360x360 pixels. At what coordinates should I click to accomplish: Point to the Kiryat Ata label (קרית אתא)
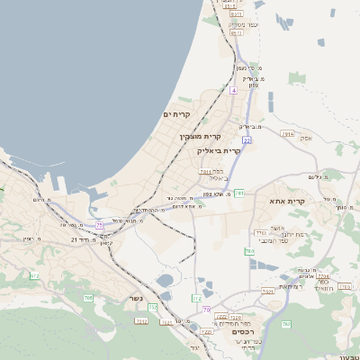(288, 201)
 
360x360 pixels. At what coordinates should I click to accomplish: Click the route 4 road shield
(233, 91)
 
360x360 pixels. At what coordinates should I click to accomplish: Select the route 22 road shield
(246, 140)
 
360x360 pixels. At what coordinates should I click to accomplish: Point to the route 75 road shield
(100, 225)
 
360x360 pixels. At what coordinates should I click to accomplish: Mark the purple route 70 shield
(206, 310)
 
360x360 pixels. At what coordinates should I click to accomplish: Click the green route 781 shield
(239, 193)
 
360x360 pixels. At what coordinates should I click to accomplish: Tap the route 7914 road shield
(287, 133)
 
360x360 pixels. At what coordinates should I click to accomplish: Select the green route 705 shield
(88, 297)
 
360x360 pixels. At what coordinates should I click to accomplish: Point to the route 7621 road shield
(267, 292)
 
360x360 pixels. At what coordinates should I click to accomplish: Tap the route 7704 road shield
(321, 276)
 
